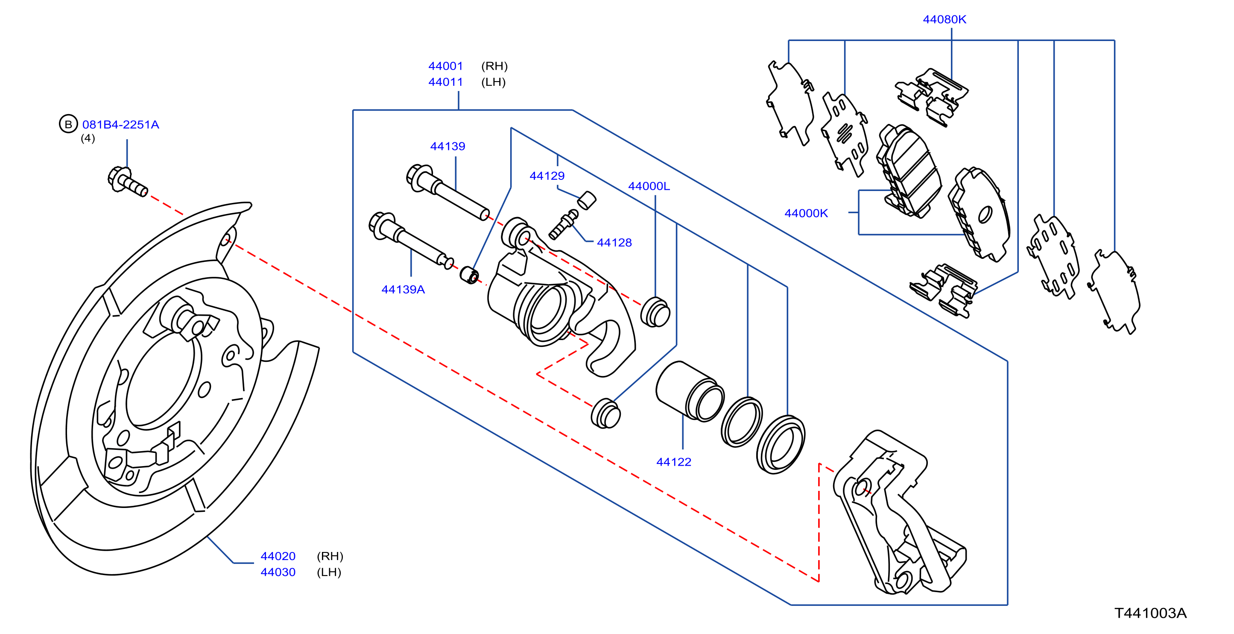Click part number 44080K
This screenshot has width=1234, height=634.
click(x=944, y=20)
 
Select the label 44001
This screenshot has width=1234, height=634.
click(x=445, y=66)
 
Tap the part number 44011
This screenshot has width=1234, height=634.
click(x=445, y=82)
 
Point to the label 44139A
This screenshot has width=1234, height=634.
click(x=403, y=290)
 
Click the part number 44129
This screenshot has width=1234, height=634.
click(x=547, y=176)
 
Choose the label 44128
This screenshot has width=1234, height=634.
click(x=614, y=243)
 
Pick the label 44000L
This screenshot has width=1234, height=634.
click(x=649, y=186)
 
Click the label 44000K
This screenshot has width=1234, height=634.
click(x=806, y=213)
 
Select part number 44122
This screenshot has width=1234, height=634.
click(x=673, y=462)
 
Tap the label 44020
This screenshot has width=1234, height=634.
click(x=278, y=556)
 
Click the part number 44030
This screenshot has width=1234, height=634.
click(x=278, y=572)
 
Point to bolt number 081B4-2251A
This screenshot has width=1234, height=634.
click(x=121, y=125)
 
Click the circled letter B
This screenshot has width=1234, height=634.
click(x=68, y=124)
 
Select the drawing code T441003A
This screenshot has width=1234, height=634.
click(x=1151, y=613)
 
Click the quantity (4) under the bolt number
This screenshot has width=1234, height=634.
click(x=88, y=138)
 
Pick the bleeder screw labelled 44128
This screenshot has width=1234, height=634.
click(x=563, y=224)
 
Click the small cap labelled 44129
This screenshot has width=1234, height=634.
click(x=587, y=200)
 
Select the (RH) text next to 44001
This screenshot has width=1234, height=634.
click(x=494, y=66)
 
